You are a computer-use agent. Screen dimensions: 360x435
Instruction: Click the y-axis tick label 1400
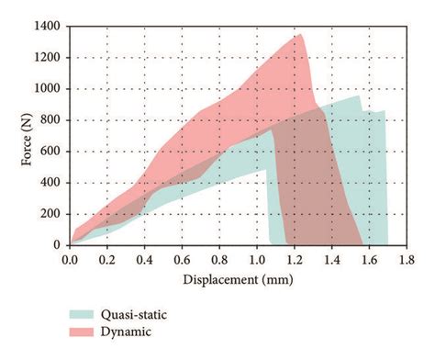click(x=50, y=27)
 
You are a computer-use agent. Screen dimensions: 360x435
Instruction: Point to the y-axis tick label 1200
click(x=50, y=58)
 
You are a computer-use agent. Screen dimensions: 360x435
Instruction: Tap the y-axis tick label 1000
click(x=50, y=89)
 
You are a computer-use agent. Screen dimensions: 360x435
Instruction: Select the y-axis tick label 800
click(x=54, y=120)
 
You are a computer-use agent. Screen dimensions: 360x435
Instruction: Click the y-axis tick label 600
click(x=54, y=152)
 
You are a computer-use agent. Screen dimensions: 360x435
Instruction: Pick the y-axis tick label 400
click(x=54, y=183)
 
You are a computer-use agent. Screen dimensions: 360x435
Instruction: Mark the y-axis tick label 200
click(x=54, y=214)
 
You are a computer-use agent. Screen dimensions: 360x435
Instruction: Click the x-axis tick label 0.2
click(x=107, y=260)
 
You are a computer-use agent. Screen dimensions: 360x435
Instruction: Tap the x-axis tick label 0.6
click(x=182, y=260)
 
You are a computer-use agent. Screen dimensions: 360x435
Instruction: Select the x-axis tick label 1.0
click(x=256, y=260)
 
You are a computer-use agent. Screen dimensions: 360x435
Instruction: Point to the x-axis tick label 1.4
click(x=330, y=260)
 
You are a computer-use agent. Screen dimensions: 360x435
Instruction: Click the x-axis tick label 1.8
click(x=405, y=260)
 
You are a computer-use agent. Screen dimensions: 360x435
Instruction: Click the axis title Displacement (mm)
click(x=237, y=278)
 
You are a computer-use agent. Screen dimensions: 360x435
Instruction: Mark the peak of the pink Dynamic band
click(x=300, y=35)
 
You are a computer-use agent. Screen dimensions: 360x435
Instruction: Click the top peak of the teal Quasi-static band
click(x=358, y=96)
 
